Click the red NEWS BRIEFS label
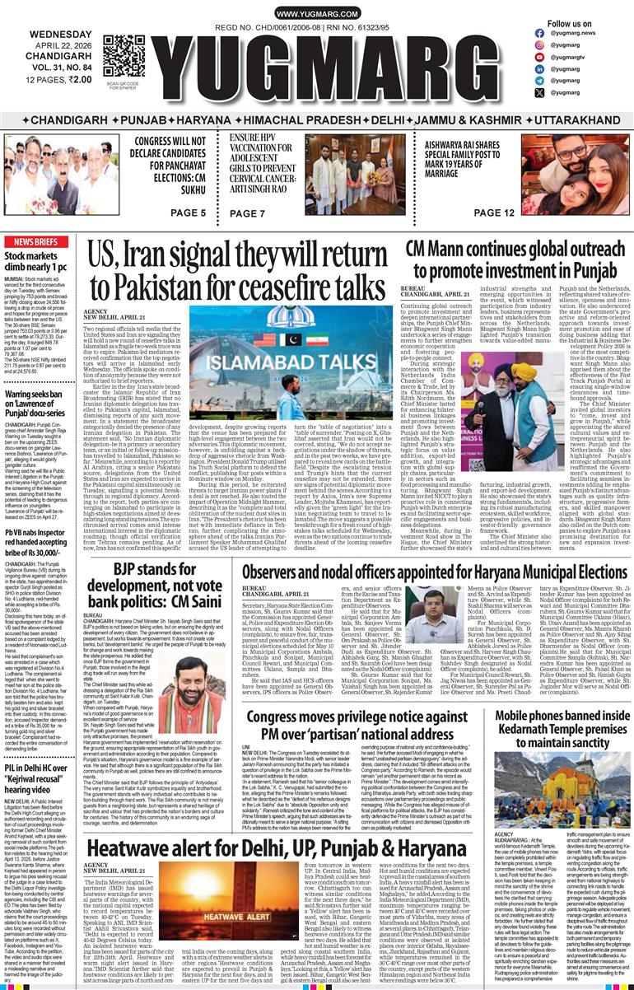click(x=35, y=242)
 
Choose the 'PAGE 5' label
click(x=189, y=213)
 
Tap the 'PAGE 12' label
click(x=495, y=213)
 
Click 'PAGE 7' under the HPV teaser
click(x=247, y=213)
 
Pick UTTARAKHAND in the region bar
click(x=571, y=119)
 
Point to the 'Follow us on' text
click(x=570, y=24)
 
